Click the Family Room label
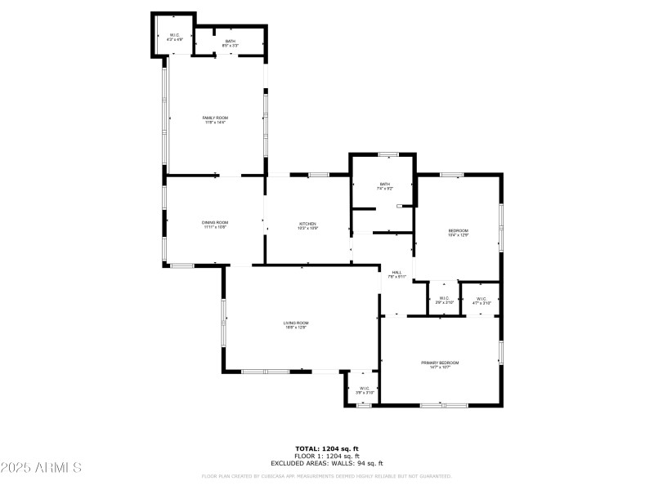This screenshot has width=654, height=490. (215, 118)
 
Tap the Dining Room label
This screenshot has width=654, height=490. (215, 222)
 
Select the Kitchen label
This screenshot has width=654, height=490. (307, 224)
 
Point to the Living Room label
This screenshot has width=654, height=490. (296, 323)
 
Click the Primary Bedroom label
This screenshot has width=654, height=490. (440, 363)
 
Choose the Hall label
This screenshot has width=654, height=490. (396, 272)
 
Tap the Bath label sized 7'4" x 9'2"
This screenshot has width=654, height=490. (384, 184)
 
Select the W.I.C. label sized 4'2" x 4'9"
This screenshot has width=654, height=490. (174, 34)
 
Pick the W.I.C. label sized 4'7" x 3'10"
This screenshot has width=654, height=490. (482, 299)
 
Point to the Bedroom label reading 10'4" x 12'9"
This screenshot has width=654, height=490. (458, 231)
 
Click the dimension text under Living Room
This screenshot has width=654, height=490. (296, 327)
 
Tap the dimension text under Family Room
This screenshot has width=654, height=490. (215, 122)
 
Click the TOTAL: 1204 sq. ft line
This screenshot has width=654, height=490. (327, 448)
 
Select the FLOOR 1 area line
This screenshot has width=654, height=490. (327, 456)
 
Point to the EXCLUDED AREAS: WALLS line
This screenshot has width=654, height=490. (327, 463)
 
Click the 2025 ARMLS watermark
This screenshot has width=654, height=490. (41, 468)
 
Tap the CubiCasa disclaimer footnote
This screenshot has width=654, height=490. (327, 476)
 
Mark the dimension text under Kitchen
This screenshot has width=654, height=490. (307, 229)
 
